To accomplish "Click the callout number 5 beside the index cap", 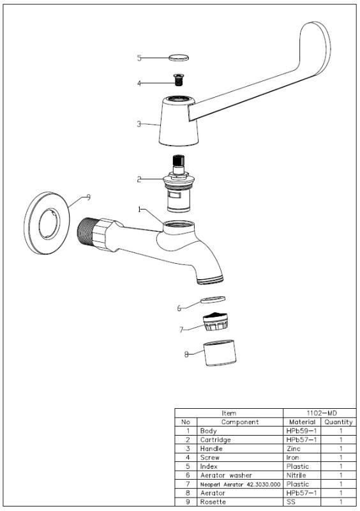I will pos(139,58).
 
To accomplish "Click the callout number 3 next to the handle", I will pos(139,125).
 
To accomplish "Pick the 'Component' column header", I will pos(239,422).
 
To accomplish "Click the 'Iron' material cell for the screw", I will pos(292,458).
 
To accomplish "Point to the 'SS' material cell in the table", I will pos(290,501).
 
